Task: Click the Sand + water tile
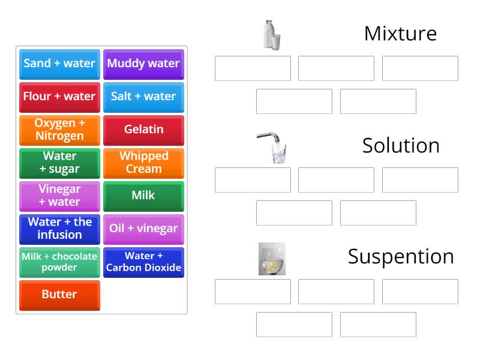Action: click(59, 64)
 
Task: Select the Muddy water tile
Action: click(143, 64)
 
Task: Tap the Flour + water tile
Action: click(59, 97)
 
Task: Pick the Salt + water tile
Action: click(143, 97)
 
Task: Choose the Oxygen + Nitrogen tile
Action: click(59, 130)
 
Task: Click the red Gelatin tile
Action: click(143, 130)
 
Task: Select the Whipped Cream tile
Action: click(143, 163)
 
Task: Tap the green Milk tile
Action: click(143, 196)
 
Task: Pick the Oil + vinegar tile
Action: click(143, 229)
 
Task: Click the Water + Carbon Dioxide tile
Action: click(143, 262)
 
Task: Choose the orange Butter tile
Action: click(59, 295)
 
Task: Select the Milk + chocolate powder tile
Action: click(59, 262)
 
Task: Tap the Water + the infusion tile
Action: click(59, 229)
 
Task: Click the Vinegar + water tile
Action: click(59, 196)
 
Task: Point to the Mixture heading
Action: click(400, 34)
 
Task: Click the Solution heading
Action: click(401, 146)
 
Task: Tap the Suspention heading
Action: click(401, 257)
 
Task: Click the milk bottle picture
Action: click(271, 34)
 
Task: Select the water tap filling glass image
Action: click(273, 148)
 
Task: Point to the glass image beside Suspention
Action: click(272, 259)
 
